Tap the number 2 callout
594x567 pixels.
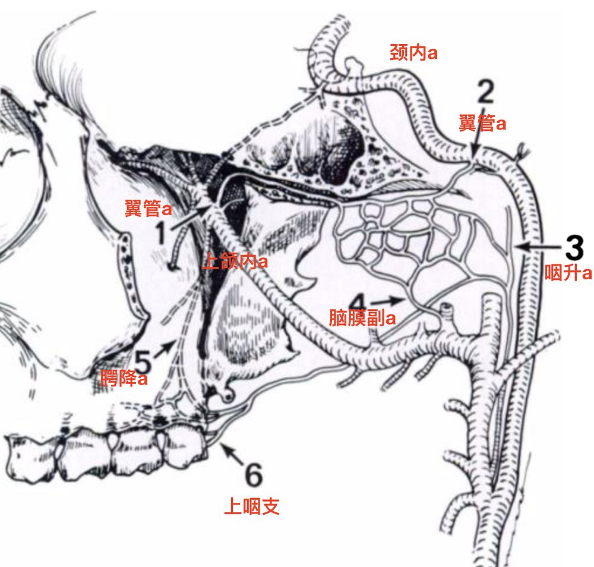pos(485,94)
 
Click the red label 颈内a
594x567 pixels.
pos(413,52)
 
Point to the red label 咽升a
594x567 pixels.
pos(569,273)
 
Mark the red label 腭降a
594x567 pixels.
pos(124,379)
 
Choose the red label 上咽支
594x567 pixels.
pos(252,506)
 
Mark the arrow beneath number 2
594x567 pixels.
pos(476,148)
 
